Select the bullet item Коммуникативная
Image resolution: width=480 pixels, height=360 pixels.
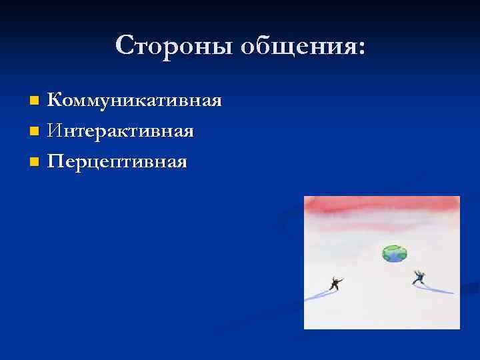coord(134,101)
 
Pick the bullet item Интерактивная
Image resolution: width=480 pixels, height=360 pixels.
coord(121,131)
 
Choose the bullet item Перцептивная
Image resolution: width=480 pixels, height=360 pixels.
coord(117,161)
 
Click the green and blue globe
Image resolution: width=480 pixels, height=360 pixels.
coord(394,253)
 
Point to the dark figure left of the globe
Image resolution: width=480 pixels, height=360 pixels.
coord(335,284)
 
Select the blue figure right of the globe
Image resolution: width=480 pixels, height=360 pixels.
coord(419,277)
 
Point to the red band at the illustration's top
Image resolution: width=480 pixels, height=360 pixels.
coord(381,207)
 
